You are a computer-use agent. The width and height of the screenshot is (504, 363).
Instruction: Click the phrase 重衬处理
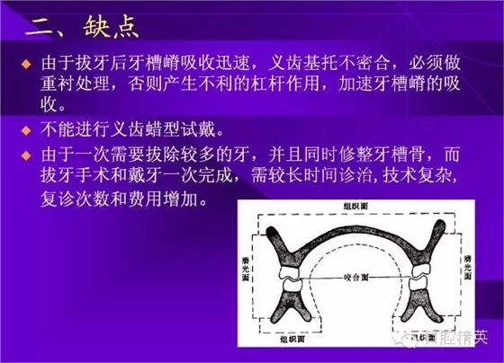[78, 89]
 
